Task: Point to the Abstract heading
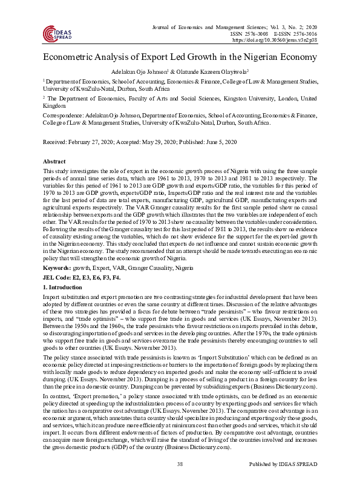[x=54, y=162]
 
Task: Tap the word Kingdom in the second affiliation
[x=54, y=105]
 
